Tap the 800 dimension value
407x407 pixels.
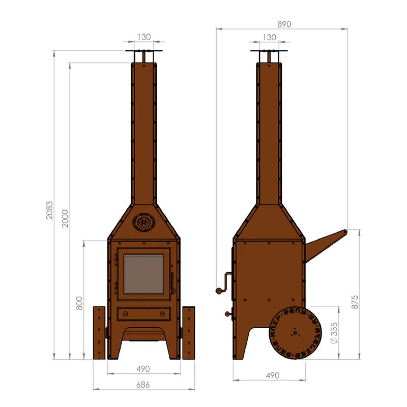[x=79, y=304]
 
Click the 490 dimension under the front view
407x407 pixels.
[x=144, y=369]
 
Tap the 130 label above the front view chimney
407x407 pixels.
[x=144, y=37]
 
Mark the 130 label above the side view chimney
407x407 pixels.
[x=269, y=37]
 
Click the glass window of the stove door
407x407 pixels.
[x=144, y=274]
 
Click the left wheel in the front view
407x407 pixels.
[x=99, y=333]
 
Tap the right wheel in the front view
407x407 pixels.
[x=189, y=333]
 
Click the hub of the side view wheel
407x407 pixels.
[x=295, y=333]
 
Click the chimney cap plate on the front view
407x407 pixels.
[x=144, y=51]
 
